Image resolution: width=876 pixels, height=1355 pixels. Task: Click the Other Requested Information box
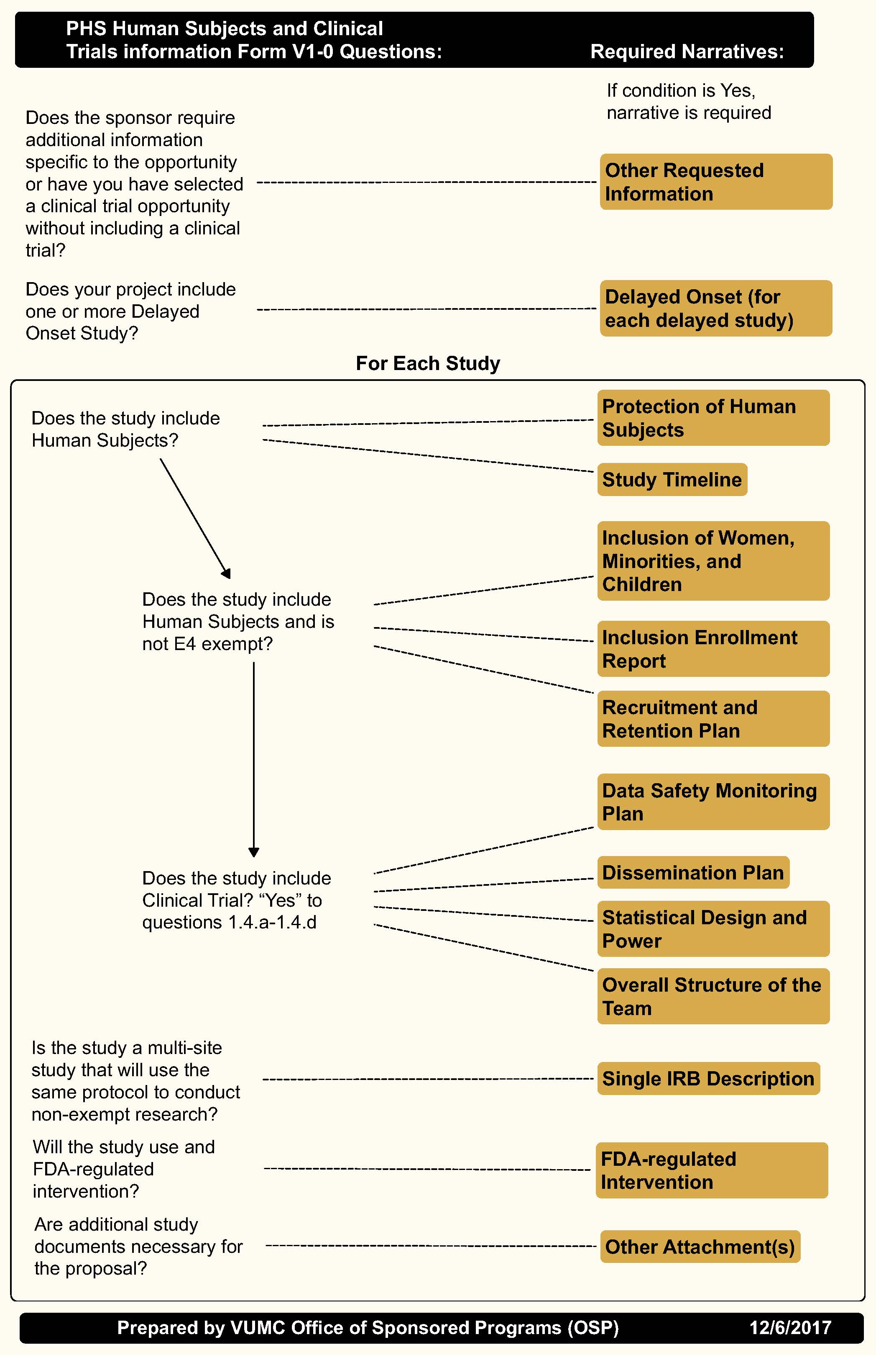(x=715, y=182)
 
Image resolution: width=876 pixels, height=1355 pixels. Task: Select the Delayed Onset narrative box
(x=715, y=308)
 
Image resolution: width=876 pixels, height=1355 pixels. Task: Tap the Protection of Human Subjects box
(x=713, y=417)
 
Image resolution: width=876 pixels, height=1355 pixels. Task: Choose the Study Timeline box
(x=672, y=479)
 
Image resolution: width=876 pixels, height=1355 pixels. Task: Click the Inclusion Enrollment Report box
(x=713, y=648)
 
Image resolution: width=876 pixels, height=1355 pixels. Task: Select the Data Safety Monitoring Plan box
(x=713, y=802)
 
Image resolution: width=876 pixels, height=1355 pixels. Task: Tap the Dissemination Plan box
(x=693, y=872)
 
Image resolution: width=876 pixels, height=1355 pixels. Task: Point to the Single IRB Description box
(x=708, y=1078)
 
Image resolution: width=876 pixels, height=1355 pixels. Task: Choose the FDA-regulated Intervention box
(x=711, y=1170)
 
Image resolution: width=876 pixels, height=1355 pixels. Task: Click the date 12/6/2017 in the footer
(x=790, y=1328)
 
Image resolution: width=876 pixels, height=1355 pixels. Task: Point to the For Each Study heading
(x=428, y=363)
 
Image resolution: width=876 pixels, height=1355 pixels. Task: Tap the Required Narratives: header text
(x=687, y=52)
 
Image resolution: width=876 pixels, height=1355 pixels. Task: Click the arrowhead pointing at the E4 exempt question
(x=226, y=573)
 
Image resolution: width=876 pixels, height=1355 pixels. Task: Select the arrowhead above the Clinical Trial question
(x=254, y=852)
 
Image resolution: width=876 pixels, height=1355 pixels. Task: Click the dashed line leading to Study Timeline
(x=427, y=455)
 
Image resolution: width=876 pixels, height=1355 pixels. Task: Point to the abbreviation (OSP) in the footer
(x=593, y=1328)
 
